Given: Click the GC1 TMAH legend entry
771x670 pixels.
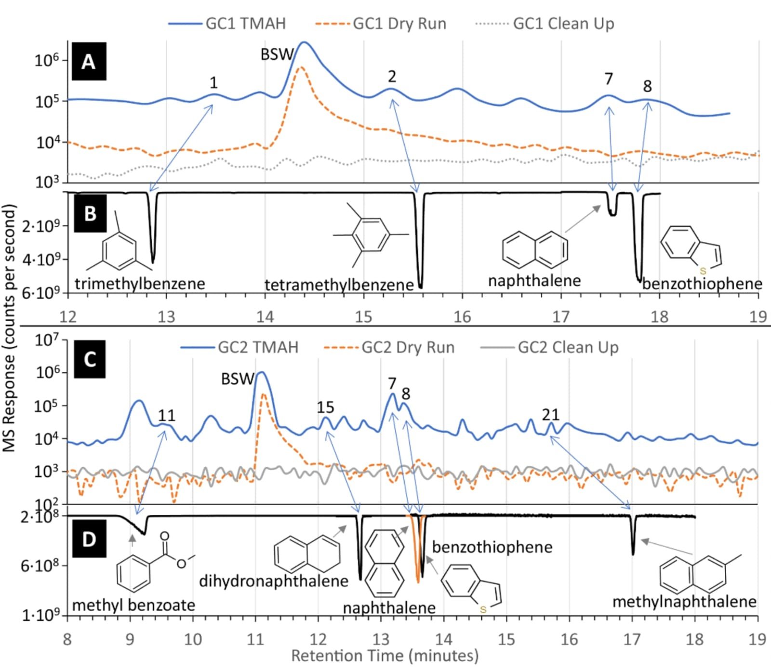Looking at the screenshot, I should point(227,23).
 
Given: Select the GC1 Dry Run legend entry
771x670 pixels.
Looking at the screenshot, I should point(381,23).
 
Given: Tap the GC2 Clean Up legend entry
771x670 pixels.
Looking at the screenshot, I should point(549,347).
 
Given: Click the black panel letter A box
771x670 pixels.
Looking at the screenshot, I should point(89,62).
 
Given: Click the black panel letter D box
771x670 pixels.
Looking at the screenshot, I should point(89,539).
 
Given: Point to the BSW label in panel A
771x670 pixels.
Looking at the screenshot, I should point(277,54).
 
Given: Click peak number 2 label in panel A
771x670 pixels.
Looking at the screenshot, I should point(392,76).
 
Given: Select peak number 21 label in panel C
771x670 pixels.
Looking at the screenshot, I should point(550,414).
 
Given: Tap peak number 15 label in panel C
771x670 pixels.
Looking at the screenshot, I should point(325,407).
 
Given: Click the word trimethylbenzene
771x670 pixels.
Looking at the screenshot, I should point(140,284).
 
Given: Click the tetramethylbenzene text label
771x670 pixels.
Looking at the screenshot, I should point(339,285).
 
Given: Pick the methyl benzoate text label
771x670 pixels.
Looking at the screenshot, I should point(133,605).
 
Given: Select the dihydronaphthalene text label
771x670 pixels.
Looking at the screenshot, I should point(273,581).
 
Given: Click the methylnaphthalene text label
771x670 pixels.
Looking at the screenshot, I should point(684,602).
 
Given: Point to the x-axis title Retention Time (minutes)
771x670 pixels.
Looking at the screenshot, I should point(385,656).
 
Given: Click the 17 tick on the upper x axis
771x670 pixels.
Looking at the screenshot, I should point(561,316).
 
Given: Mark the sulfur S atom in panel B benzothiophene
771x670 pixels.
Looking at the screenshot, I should point(703,271).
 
